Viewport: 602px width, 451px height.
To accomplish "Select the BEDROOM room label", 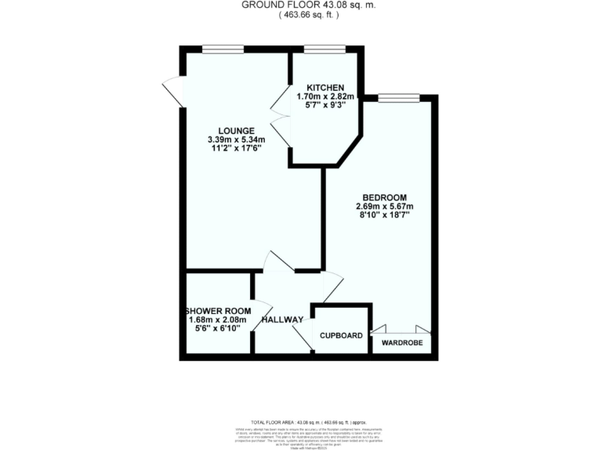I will (x=384, y=197).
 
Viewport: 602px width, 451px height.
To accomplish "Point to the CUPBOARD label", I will (x=342, y=336).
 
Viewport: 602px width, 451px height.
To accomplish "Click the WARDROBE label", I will (x=401, y=343).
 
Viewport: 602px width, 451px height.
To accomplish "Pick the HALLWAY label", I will (x=282, y=319).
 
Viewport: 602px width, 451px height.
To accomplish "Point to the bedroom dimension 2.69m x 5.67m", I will (x=384, y=207).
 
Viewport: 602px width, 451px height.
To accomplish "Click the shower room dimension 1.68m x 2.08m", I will (x=217, y=319).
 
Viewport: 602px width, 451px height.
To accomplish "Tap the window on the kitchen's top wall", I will (x=325, y=49).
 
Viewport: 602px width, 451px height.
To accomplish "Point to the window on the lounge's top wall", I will (x=223, y=49).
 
